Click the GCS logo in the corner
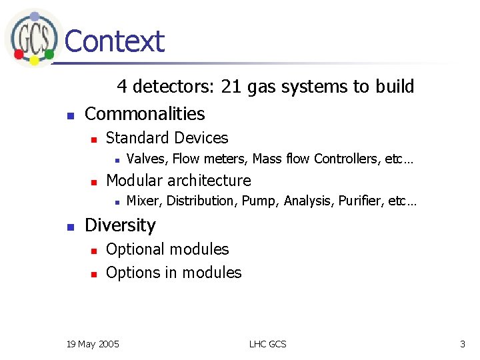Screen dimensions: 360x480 pyautogui.click(x=31, y=37)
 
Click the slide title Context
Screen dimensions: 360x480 pyautogui.click(x=114, y=41)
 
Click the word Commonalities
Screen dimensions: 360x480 pyautogui.click(x=145, y=113)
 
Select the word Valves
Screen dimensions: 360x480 pyautogui.click(x=147, y=159)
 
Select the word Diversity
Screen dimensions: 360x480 pyautogui.click(x=120, y=225)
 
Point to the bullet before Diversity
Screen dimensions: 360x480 pyautogui.click(x=70, y=227)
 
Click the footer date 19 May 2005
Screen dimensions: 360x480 pyautogui.click(x=93, y=344)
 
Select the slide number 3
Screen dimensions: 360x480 pyautogui.click(x=462, y=344)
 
